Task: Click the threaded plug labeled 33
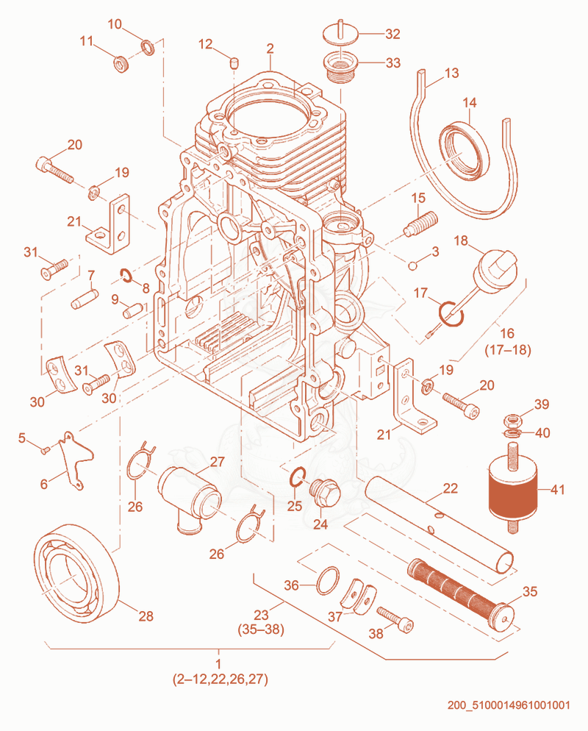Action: pos(339,66)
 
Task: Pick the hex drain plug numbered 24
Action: pos(325,491)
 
